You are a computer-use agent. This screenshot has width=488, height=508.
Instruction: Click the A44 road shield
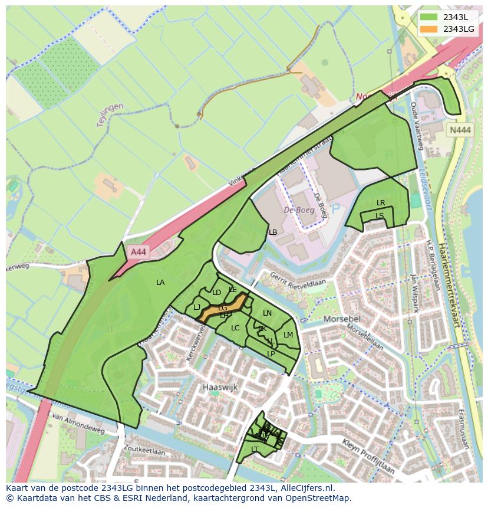139,252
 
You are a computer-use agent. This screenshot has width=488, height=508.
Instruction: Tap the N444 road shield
460,131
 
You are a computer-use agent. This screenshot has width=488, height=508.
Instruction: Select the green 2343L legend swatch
429,17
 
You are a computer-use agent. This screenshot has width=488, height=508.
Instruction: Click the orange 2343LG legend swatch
429,29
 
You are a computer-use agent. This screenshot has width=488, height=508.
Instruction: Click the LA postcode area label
160,283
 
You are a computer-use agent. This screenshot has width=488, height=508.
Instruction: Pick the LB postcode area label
273,232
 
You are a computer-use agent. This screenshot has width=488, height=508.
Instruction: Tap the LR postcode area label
381,203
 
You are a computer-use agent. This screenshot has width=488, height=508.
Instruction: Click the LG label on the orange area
222,308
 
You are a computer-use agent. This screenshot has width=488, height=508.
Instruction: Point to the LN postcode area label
267,313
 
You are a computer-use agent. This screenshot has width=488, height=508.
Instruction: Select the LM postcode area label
288,335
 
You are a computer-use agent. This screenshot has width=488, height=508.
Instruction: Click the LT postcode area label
255,449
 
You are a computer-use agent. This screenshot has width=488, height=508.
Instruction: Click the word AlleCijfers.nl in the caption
307,488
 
